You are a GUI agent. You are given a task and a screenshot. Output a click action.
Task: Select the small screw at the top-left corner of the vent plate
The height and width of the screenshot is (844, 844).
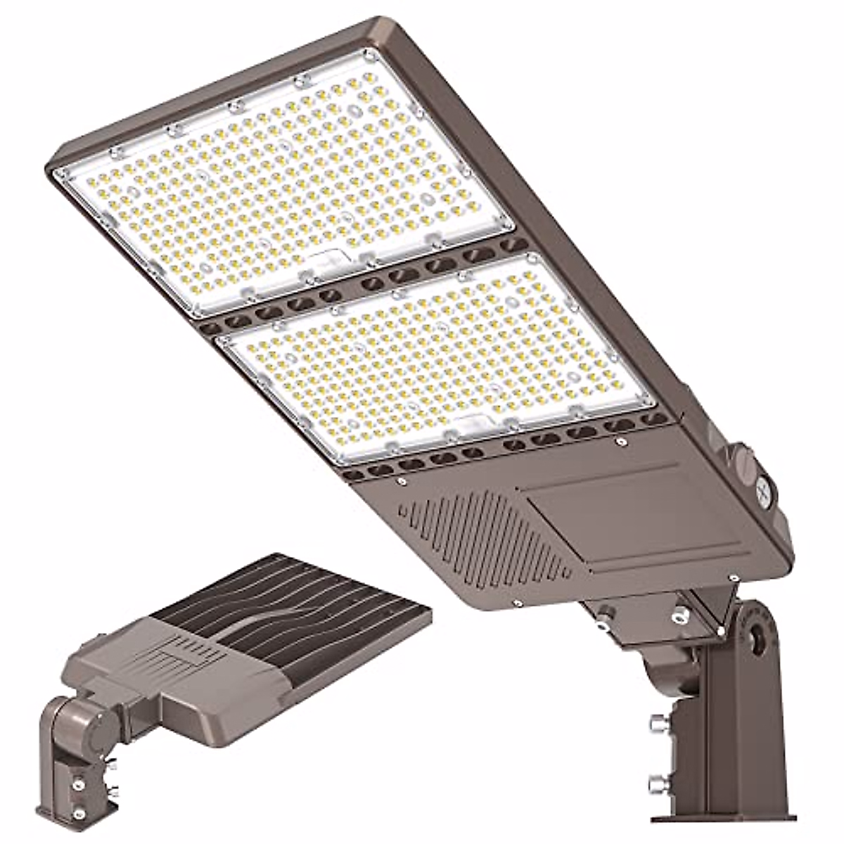click(x=401, y=482)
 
